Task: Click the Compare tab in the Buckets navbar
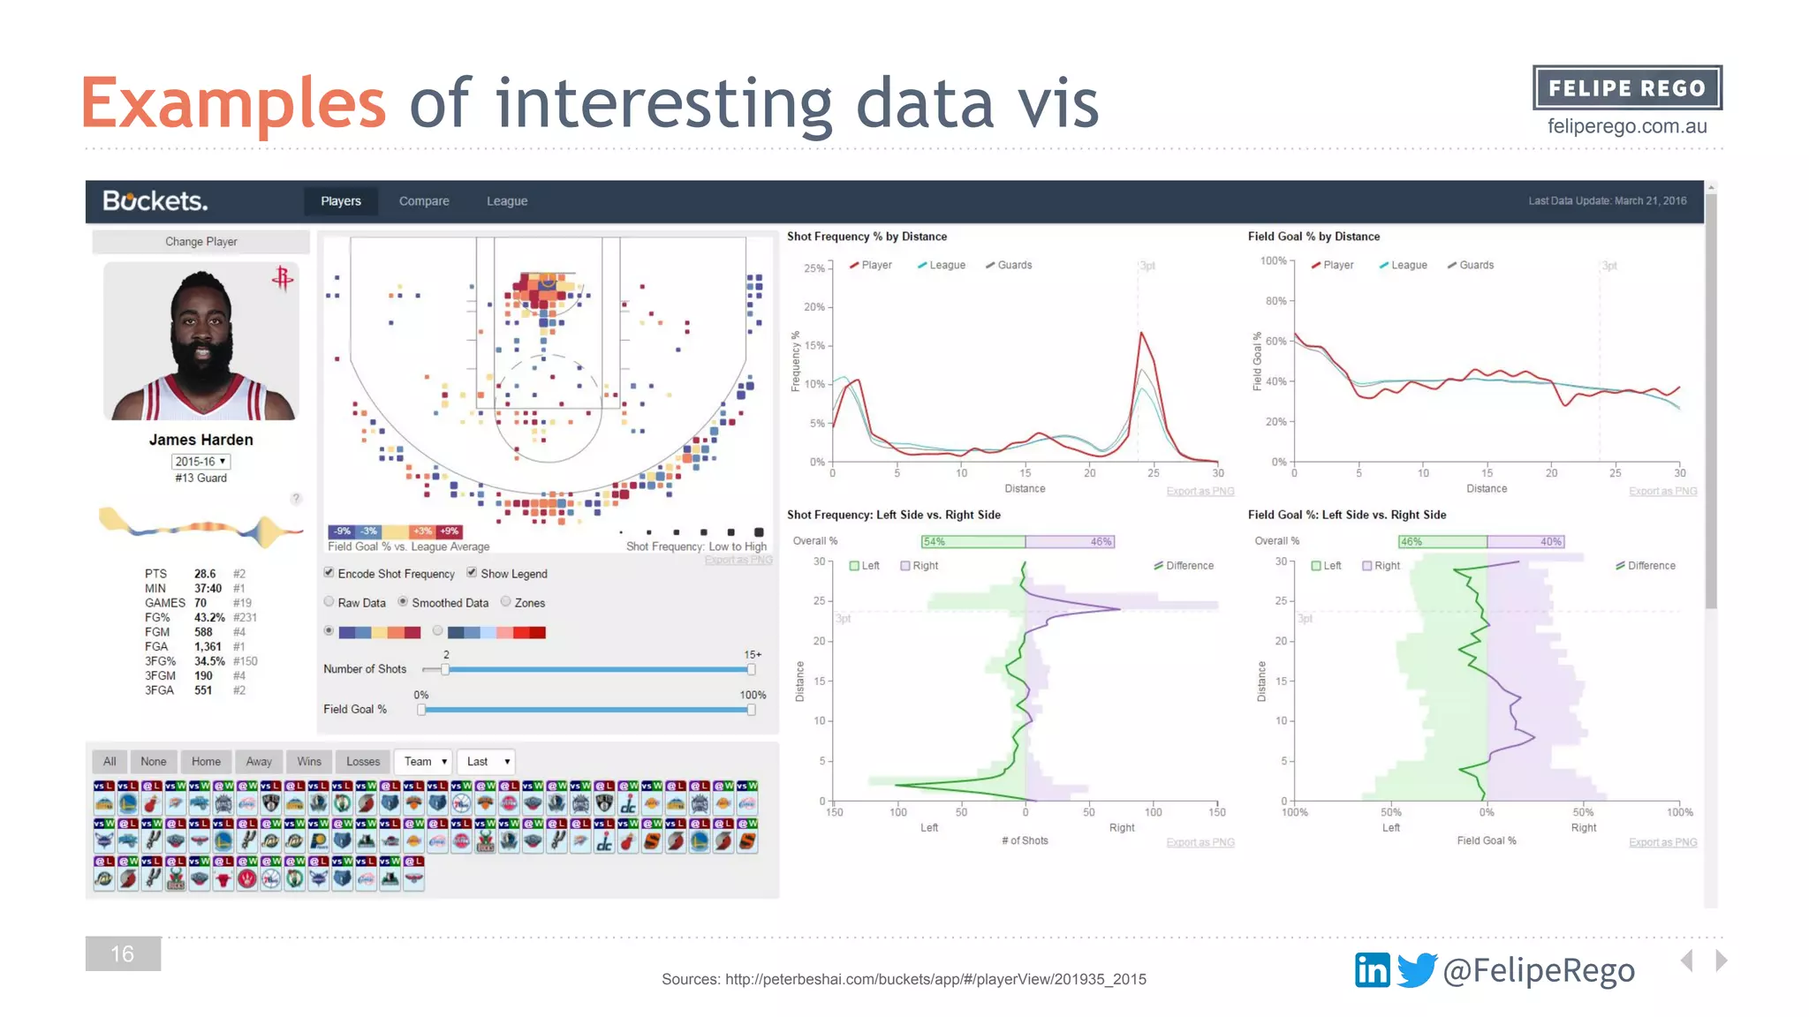(424, 201)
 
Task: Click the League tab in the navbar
(507, 201)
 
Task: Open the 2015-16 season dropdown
(201, 462)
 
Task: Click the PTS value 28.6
(205, 574)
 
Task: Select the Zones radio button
(506, 602)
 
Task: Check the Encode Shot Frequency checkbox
(329, 573)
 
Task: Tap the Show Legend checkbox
(472, 573)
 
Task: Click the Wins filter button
(309, 762)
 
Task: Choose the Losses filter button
(363, 762)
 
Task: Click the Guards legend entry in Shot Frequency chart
(1014, 265)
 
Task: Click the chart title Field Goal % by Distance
(1313, 237)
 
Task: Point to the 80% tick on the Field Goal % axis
(1276, 301)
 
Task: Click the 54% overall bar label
(934, 541)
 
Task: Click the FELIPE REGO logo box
(1627, 88)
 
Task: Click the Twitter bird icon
(1417, 969)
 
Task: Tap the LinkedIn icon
(1372, 970)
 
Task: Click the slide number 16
(123, 953)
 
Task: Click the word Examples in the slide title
(233, 103)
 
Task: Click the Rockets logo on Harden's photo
(283, 279)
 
